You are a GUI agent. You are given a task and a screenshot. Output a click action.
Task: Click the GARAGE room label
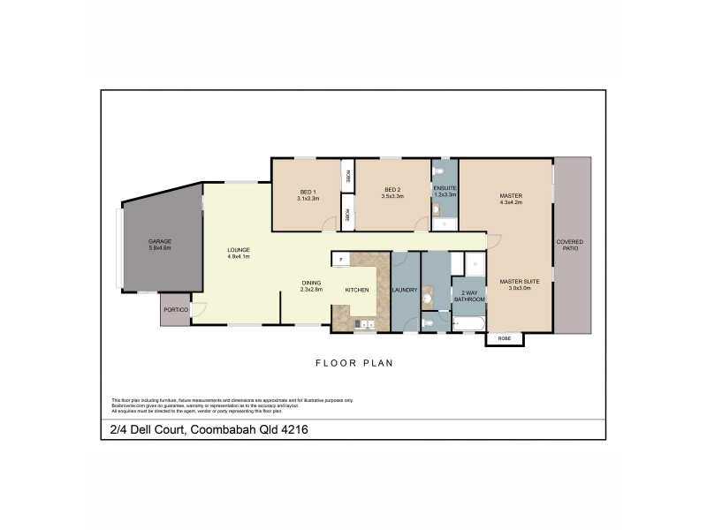click(160, 241)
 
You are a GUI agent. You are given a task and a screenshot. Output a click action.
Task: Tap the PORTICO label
click(174, 309)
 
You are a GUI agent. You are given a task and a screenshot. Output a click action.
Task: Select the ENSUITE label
click(445, 188)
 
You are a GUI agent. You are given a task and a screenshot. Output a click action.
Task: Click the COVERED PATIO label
click(567, 246)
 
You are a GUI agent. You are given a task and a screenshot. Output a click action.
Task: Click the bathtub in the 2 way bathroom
click(468, 325)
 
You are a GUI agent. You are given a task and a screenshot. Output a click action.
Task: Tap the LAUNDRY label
click(407, 289)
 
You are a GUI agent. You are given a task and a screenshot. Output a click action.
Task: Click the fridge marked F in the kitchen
click(338, 259)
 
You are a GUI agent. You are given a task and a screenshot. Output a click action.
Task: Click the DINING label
click(311, 283)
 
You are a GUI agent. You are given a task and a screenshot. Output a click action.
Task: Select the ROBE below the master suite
click(504, 338)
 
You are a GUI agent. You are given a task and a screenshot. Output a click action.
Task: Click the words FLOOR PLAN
click(353, 362)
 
